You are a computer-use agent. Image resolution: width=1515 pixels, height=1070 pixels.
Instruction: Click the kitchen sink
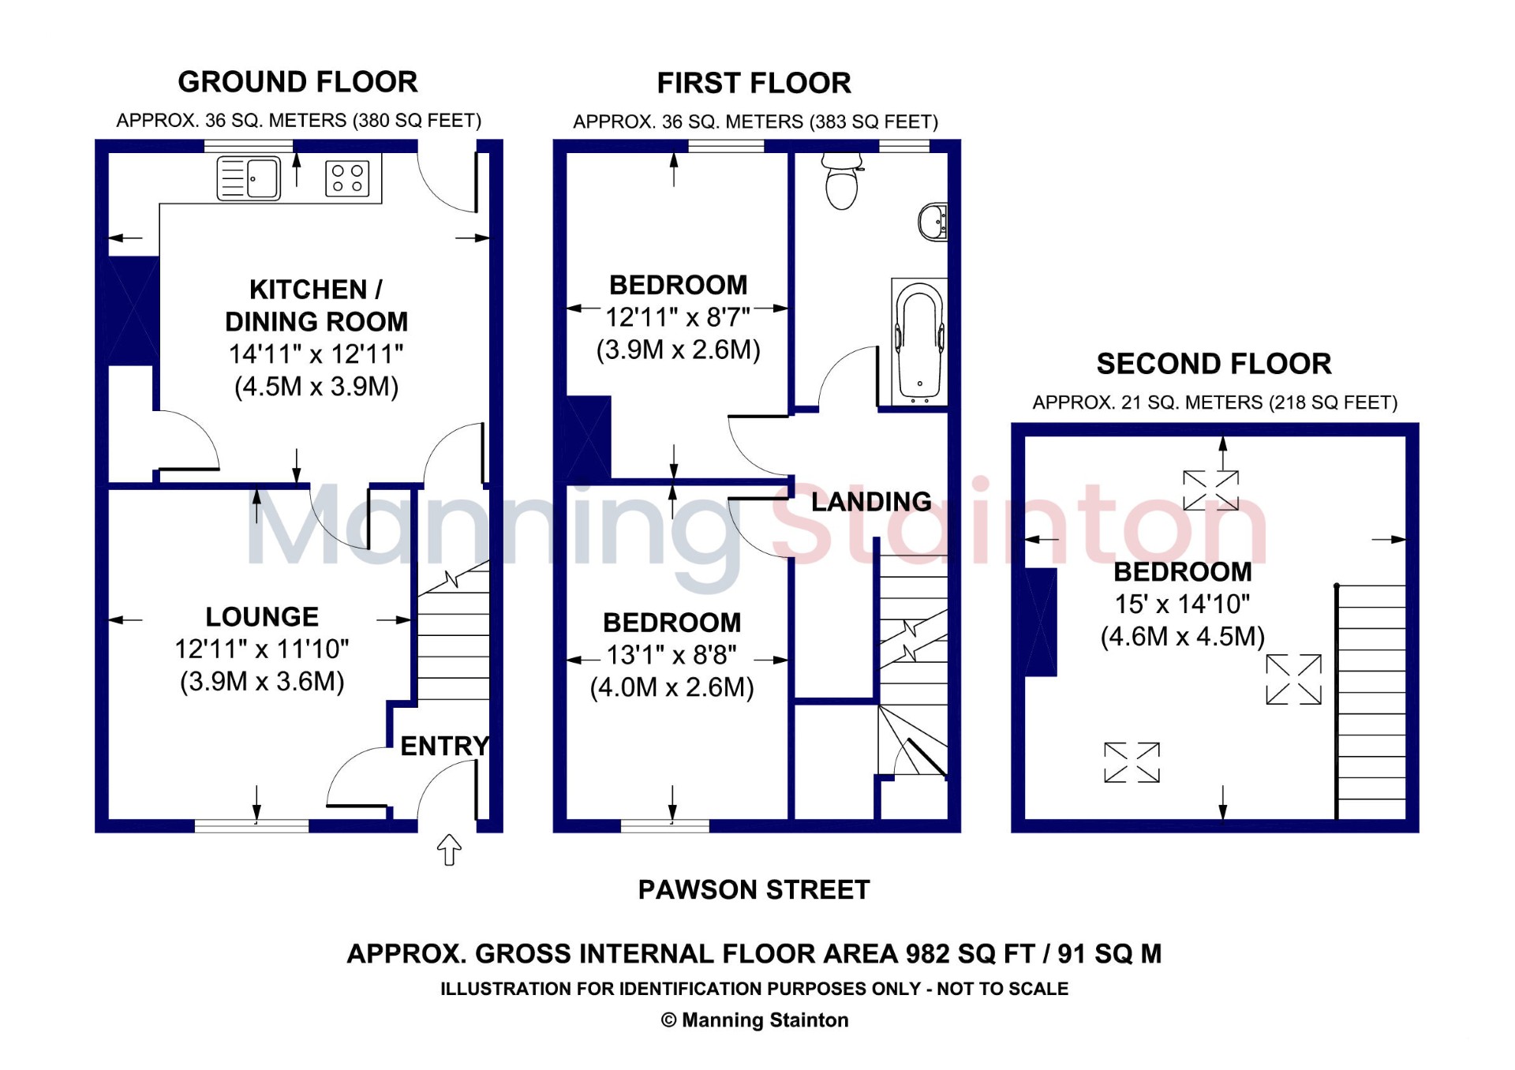[249, 178]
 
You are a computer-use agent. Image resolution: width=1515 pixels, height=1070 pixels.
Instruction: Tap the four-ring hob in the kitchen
[347, 178]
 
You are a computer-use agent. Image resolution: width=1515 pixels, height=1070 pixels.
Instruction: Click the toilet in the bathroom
[842, 181]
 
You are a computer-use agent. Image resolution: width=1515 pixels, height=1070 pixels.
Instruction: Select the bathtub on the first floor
[919, 341]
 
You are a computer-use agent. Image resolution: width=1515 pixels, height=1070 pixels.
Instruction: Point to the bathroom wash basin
[933, 223]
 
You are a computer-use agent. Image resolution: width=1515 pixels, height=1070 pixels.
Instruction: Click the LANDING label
[871, 502]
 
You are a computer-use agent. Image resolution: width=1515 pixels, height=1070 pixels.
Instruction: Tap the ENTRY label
[445, 746]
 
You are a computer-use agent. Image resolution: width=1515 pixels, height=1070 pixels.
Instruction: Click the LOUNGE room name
[262, 617]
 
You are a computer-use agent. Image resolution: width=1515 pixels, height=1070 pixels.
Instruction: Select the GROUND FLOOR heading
[297, 82]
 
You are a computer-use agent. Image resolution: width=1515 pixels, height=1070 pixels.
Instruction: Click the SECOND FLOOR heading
[1214, 364]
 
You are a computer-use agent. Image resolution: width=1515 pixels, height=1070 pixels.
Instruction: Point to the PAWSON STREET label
[754, 890]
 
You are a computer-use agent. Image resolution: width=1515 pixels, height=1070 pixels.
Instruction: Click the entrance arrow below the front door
[449, 850]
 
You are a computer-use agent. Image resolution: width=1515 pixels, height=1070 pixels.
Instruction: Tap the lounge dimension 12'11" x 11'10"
[262, 649]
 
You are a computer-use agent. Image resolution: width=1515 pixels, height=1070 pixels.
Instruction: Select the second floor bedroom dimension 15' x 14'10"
[1182, 604]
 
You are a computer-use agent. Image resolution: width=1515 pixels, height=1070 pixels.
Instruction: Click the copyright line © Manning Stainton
[754, 1020]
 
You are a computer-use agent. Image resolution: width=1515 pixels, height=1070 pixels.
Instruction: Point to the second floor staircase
[1371, 702]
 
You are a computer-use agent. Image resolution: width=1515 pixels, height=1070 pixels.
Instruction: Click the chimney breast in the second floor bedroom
[1040, 622]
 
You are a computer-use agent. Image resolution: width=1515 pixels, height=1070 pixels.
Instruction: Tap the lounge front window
[252, 825]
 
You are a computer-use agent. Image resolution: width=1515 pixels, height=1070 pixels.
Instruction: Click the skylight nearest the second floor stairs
[1293, 679]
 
